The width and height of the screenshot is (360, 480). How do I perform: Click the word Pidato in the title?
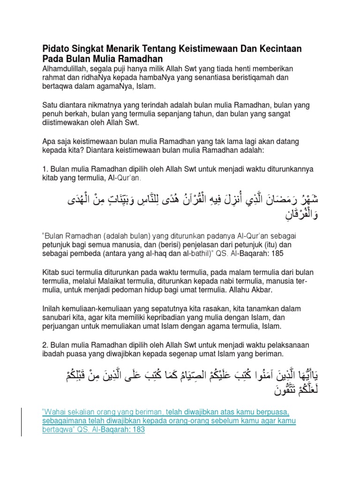[x=56, y=49]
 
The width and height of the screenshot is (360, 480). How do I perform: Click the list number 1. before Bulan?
[x=45, y=169]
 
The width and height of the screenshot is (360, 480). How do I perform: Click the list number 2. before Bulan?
[x=45, y=345]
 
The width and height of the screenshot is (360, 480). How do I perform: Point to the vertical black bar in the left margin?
[x=22, y=416]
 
